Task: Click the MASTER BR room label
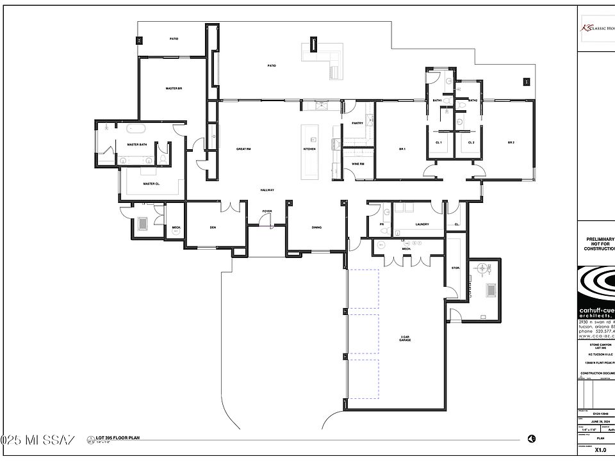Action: pos(174,88)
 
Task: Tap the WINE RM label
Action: pos(358,164)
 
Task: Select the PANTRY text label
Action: pos(357,123)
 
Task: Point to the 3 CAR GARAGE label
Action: pos(404,338)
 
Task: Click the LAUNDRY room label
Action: pos(422,224)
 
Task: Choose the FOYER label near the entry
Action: pos(267,211)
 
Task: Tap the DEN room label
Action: pos(212,227)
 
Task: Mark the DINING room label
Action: pos(316,227)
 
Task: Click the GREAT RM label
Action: pos(243,149)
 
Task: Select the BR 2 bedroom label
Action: pos(511,142)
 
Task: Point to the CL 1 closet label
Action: pos(439,142)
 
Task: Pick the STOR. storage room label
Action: pos(455,268)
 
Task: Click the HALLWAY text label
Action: pos(267,190)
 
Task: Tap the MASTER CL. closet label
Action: pos(151,184)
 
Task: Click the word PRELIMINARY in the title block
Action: pos(600,239)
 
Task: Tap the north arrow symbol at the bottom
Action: pos(532,439)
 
